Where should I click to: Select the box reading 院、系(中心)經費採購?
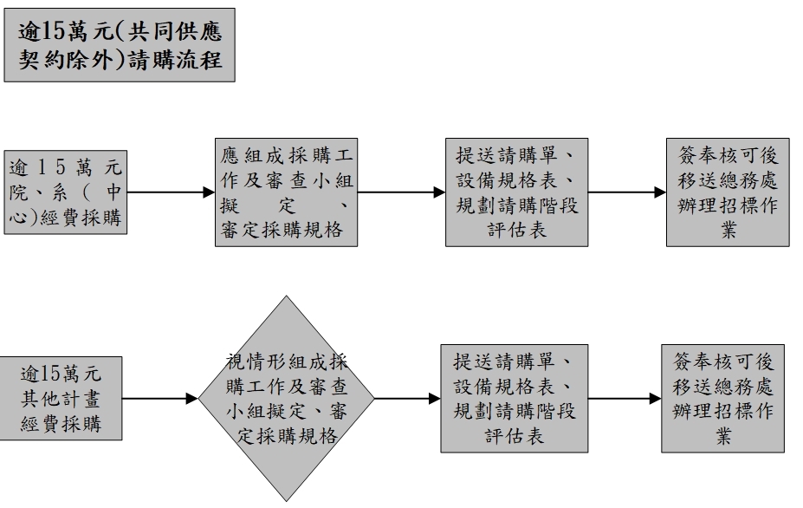tap(65, 192)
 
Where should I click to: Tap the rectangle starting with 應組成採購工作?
tap(285, 192)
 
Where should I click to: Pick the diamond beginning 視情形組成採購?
tap(286, 399)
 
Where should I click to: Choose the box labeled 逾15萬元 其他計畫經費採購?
tap(65, 399)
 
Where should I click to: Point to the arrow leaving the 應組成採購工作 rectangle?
tap(399, 192)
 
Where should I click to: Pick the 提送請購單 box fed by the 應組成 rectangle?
tap(516, 192)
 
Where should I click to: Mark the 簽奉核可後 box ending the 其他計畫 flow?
tap(723, 399)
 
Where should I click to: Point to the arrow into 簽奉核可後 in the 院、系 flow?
tap(627, 192)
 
